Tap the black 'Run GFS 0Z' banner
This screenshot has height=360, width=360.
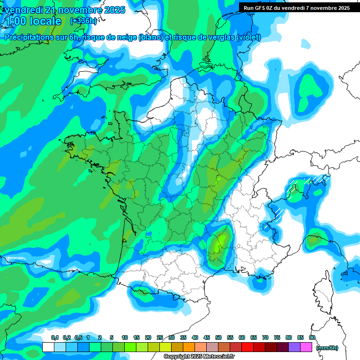point(296,7)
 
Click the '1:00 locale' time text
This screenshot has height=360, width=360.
point(33,21)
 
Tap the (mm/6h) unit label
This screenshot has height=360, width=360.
point(327,347)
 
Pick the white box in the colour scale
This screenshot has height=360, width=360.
point(48,347)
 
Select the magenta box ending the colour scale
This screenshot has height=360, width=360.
point(306,347)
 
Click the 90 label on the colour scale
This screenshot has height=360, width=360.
point(312,337)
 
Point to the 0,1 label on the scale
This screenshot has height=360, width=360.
point(54,337)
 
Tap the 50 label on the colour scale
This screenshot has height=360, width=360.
point(218,337)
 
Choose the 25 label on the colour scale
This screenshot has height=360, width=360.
point(160,337)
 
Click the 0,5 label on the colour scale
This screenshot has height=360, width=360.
point(78,337)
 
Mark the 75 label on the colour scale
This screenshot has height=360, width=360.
point(277,337)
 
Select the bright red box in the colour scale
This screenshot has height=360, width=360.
point(247,347)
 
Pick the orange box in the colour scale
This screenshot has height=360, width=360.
point(189,347)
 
